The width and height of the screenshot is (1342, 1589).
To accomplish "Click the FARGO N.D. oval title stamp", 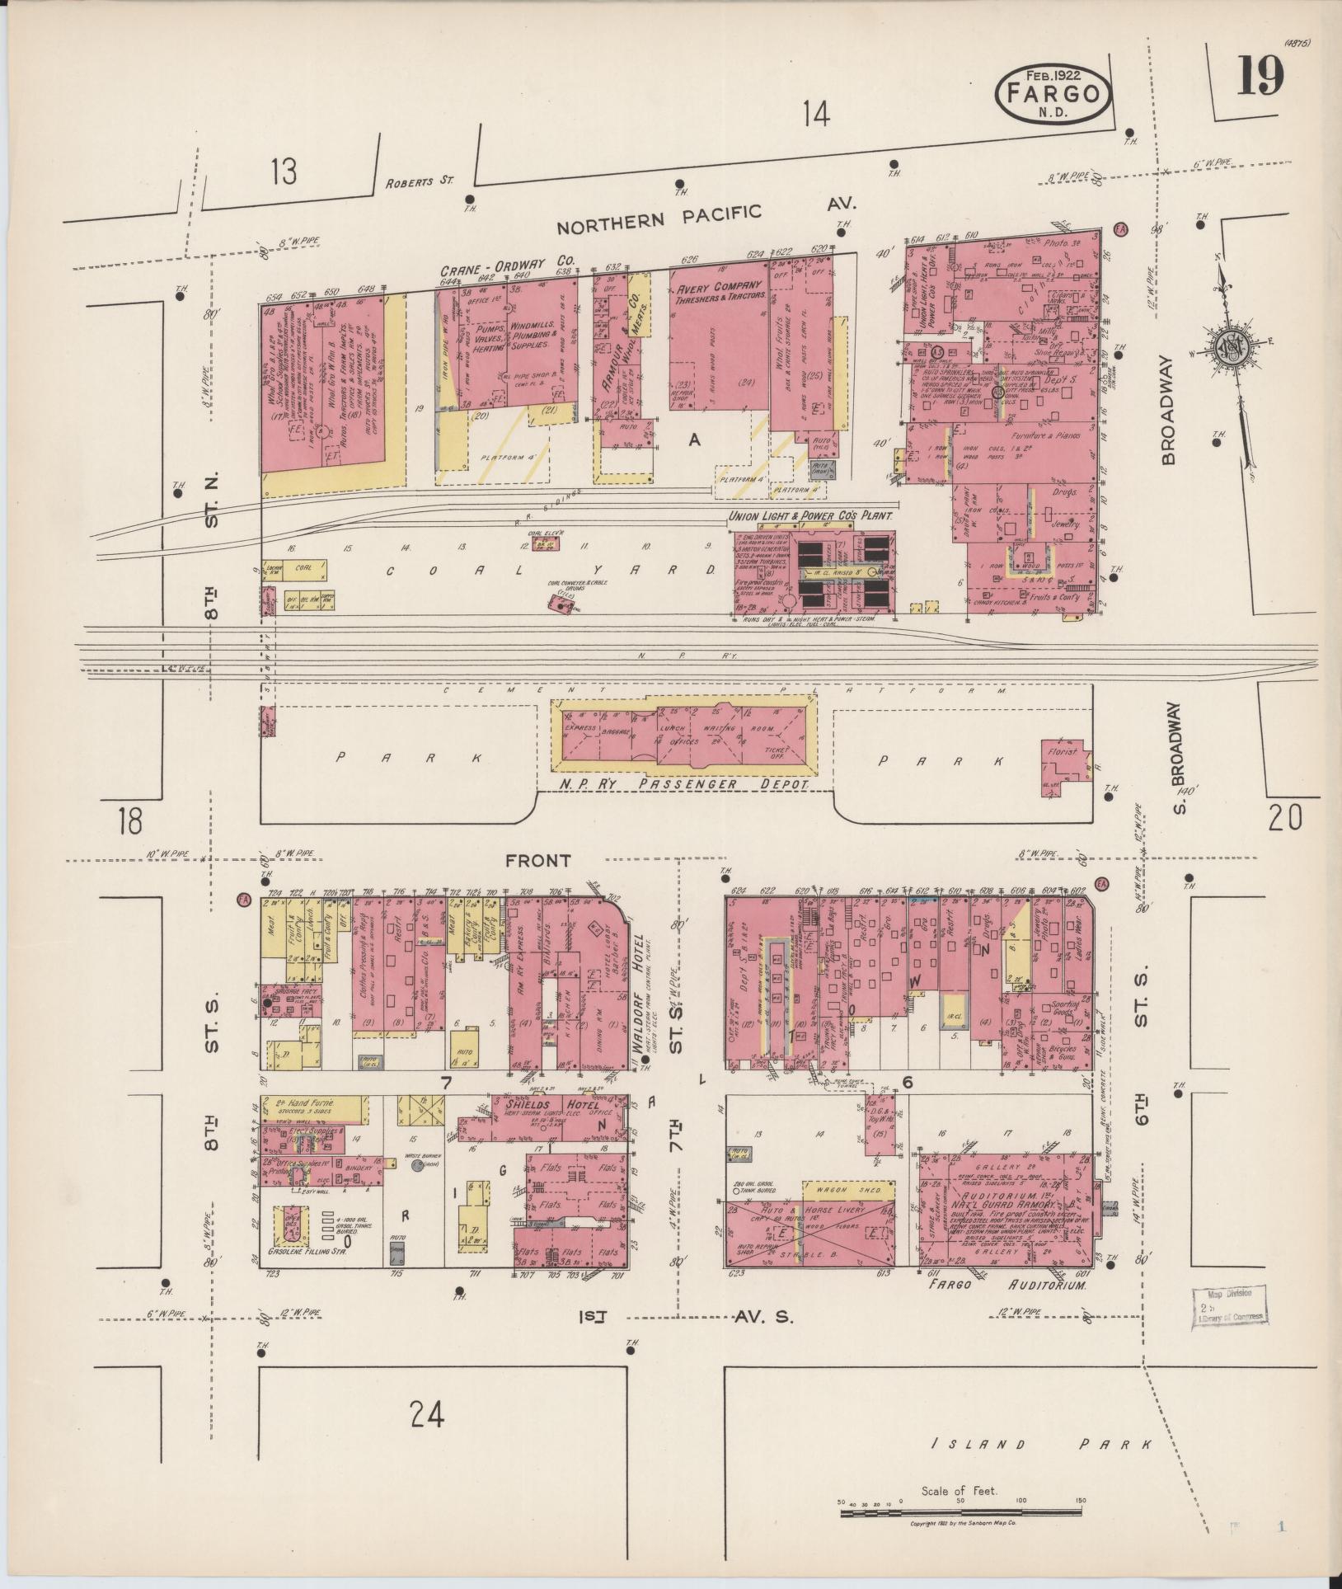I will [1054, 93].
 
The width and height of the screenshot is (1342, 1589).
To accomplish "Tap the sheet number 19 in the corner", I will [1260, 78].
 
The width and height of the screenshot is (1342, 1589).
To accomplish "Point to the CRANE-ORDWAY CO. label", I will [506, 267].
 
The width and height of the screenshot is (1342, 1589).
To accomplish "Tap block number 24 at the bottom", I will [427, 1416].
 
